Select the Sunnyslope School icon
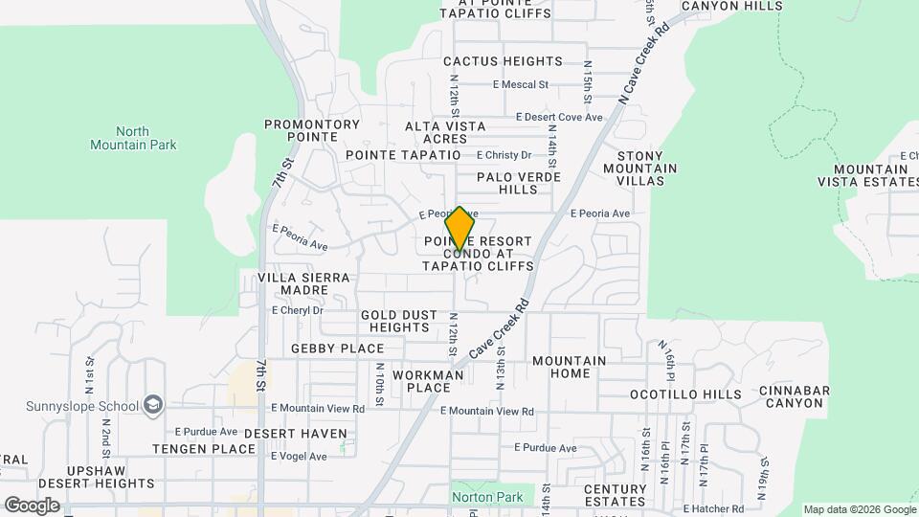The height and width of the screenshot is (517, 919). click(x=152, y=406)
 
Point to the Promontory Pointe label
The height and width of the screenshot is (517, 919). click(x=312, y=130)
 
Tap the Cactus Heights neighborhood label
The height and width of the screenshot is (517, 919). click(x=503, y=61)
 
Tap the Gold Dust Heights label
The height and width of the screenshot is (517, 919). click(x=400, y=321)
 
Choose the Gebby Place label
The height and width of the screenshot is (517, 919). click(x=337, y=348)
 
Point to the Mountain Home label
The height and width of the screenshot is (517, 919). click(x=569, y=367)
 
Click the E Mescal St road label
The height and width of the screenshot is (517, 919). click(x=520, y=84)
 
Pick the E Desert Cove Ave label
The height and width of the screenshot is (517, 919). click(x=559, y=118)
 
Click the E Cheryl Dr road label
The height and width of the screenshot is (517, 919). click(x=298, y=310)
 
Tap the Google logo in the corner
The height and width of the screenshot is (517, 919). click(x=32, y=505)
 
